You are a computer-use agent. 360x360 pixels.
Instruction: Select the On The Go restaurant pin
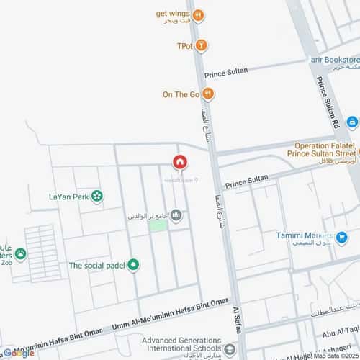click(207, 93)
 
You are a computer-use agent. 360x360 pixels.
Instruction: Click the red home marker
click(180, 163)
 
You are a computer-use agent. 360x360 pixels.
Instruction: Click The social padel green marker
click(133, 265)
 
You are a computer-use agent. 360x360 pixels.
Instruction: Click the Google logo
click(17, 353)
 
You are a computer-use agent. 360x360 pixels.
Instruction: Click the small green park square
click(158, 225)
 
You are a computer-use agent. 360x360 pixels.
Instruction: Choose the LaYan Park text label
click(68, 197)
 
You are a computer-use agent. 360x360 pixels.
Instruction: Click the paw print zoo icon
click(21, 253)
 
